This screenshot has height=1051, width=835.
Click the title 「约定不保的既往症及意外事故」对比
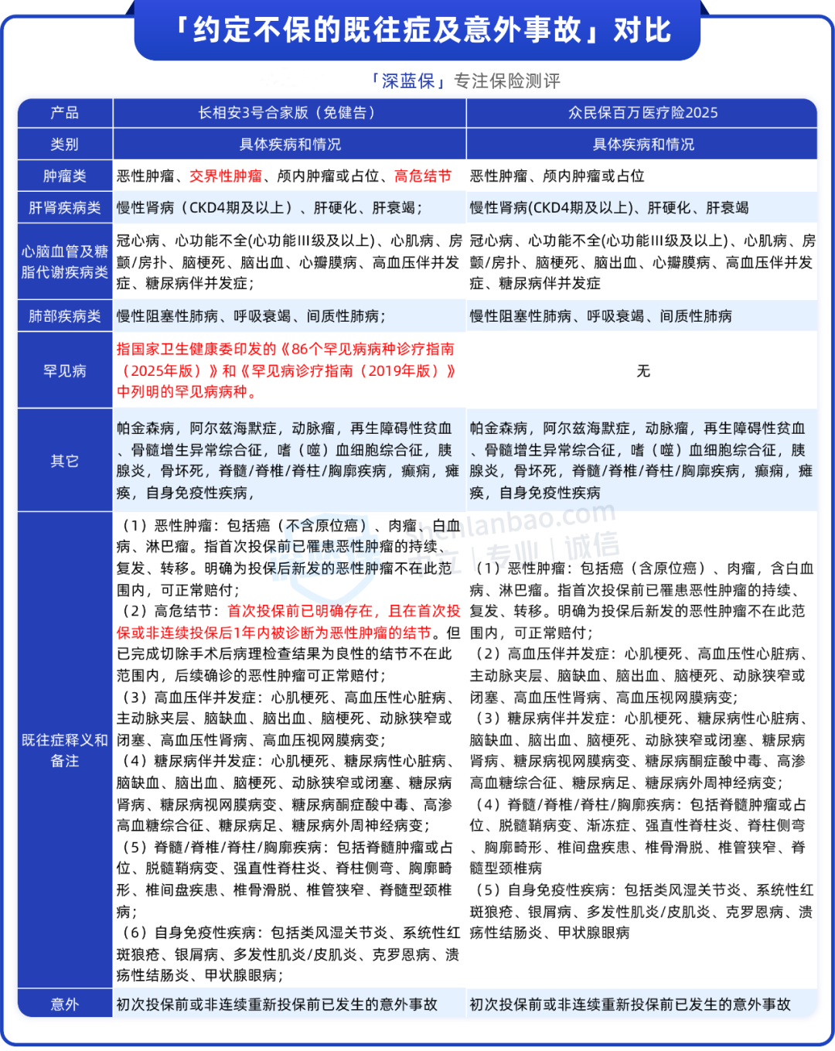(417, 31)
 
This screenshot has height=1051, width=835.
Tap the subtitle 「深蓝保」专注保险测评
(464, 81)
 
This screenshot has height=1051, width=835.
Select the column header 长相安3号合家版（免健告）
(288, 113)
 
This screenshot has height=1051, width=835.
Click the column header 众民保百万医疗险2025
(642, 113)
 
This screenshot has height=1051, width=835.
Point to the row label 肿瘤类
(65, 176)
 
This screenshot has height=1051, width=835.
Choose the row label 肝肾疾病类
(65, 208)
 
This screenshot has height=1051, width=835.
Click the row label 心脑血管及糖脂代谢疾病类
(65, 261)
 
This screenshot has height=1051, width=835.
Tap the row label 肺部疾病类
(65, 316)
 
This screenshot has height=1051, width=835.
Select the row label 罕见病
(65, 371)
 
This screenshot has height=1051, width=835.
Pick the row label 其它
(65, 461)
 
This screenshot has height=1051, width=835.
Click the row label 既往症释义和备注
(65, 750)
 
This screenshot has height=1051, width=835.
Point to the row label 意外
(65, 1005)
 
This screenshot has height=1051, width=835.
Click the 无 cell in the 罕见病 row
(642, 371)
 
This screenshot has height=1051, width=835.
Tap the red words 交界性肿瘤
(226, 176)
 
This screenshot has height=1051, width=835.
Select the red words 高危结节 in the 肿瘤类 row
(423, 176)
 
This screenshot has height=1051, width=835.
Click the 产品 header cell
(65, 113)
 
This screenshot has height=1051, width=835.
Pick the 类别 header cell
(65, 145)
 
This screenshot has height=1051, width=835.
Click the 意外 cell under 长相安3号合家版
(277, 1005)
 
